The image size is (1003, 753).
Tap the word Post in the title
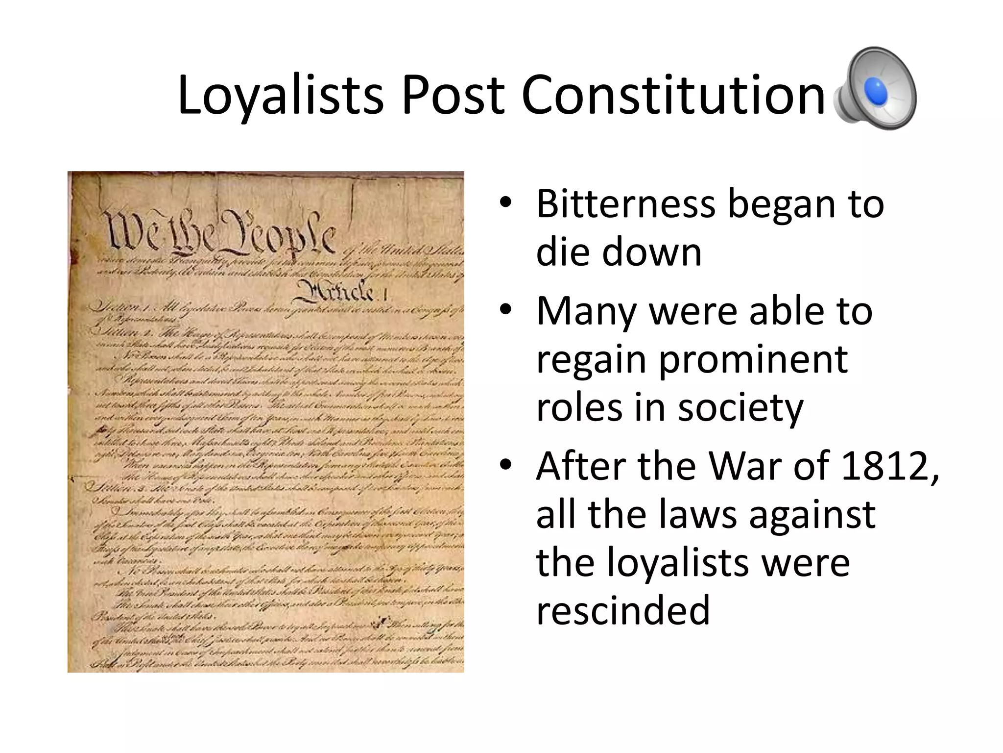pos(452,96)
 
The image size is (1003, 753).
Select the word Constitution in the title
pos(673,96)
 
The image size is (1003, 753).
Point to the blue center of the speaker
pos(876,91)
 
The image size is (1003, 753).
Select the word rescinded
pos(623,610)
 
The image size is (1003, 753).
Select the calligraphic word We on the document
pos(130,230)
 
